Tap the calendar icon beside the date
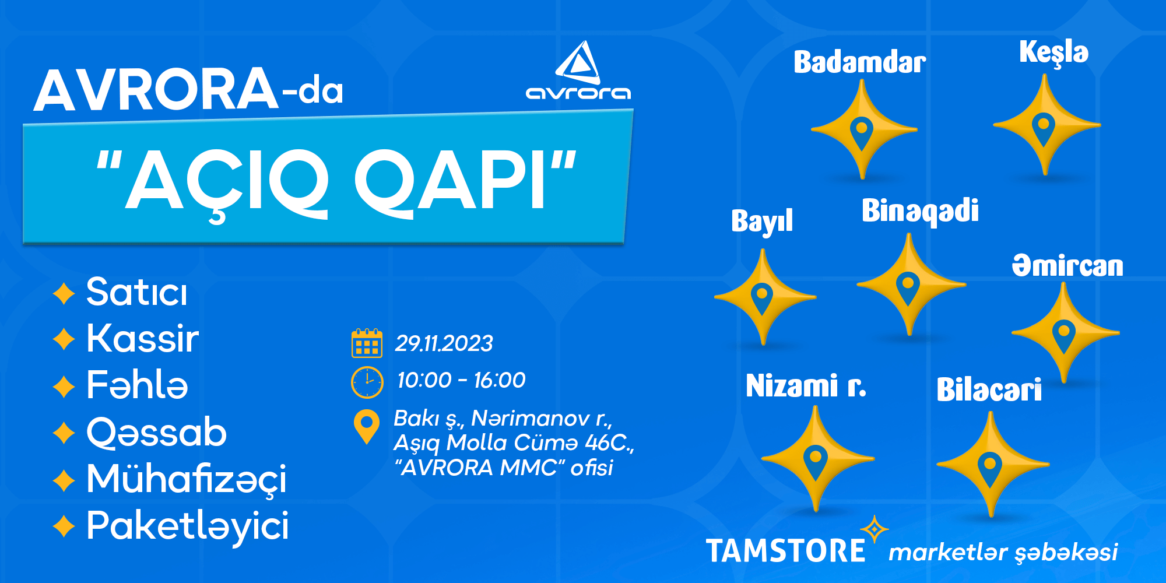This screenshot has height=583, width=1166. [x=367, y=343]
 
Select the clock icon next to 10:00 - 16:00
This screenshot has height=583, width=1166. [x=367, y=382]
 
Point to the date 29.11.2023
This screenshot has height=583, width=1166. [x=444, y=343]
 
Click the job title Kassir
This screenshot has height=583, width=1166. [x=143, y=338]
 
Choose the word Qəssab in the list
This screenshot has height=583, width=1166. [x=156, y=433]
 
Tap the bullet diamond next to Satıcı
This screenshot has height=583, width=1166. [x=64, y=293]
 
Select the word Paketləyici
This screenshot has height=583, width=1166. [x=187, y=525]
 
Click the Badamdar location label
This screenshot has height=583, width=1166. [x=859, y=62]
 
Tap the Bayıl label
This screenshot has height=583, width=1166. [x=762, y=221]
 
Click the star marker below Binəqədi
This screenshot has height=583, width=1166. [x=910, y=285]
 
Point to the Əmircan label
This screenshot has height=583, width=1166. [x=1067, y=265]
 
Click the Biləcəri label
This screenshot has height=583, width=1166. [x=989, y=389]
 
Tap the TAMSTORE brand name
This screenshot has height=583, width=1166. [x=785, y=551]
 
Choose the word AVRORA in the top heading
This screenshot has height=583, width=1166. [x=156, y=89]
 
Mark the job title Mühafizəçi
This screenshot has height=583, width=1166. [x=187, y=479]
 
